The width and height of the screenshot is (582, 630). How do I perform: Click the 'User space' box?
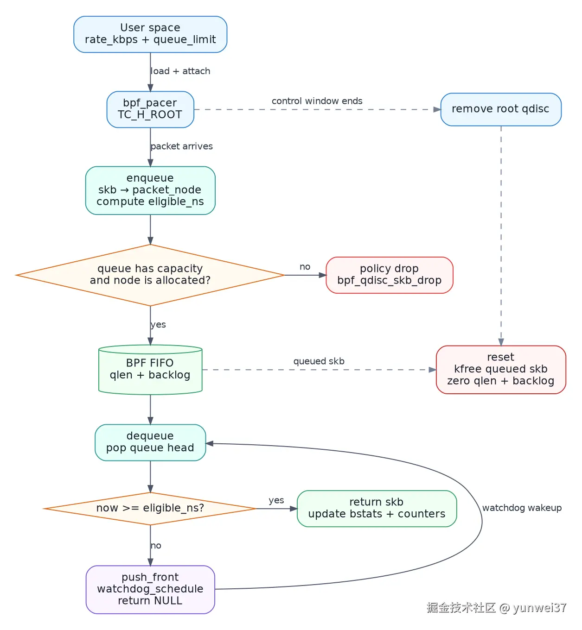(150, 34)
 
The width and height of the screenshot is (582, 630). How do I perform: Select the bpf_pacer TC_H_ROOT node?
(150, 109)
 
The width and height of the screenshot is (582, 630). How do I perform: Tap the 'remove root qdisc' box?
(501, 109)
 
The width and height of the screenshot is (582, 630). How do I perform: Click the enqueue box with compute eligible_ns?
(150, 190)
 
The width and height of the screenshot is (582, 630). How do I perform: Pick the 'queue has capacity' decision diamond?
(150, 275)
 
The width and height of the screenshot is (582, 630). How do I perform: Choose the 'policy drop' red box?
(390, 275)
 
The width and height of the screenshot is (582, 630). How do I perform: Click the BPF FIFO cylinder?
(150, 370)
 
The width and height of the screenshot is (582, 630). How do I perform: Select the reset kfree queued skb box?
(501, 370)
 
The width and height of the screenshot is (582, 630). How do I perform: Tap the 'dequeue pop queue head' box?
(150, 442)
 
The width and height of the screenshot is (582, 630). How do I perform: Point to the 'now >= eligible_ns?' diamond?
(150, 509)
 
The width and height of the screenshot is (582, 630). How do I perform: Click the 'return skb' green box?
(377, 509)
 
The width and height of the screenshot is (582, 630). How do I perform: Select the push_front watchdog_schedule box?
(150, 589)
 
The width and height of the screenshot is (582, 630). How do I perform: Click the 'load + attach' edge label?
(180, 71)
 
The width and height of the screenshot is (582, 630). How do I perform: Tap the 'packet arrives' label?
(182, 146)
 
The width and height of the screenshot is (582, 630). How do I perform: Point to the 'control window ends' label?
(317, 101)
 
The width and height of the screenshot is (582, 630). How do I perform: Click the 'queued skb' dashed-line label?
(319, 361)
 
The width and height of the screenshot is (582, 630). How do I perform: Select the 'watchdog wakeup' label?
(522, 508)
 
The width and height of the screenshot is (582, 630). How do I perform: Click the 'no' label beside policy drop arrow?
(305, 267)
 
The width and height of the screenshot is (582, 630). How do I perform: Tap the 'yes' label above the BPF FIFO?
(158, 325)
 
